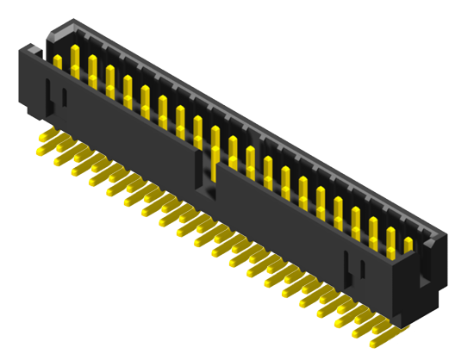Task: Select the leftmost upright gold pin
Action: [x=58, y=62]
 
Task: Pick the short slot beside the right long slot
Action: [x=362, y=275]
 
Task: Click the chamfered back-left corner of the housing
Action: [x=54, y=33]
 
